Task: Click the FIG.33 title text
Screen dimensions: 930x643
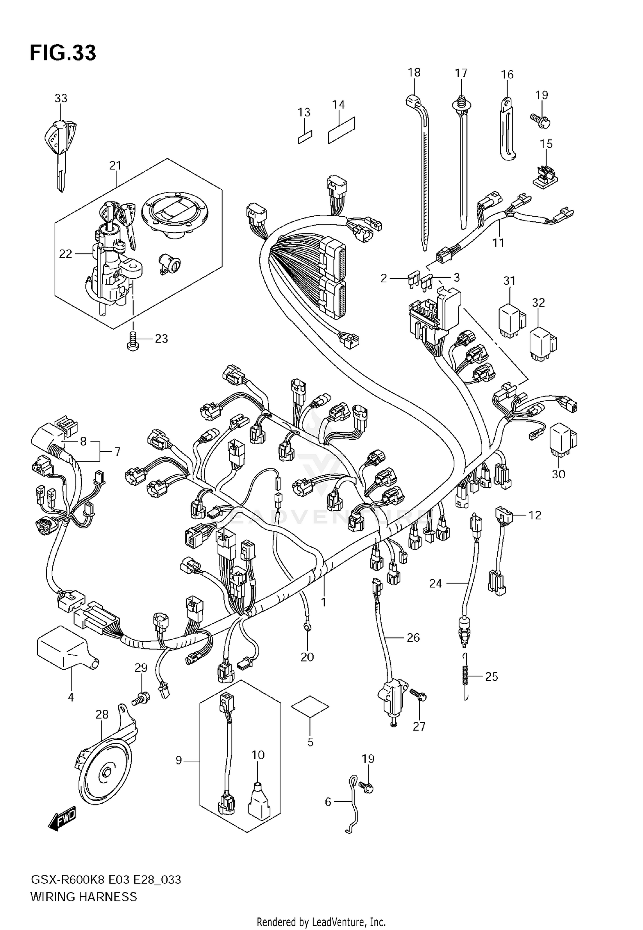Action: (x=63, y=53)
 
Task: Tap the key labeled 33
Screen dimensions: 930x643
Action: (x=60, y=146)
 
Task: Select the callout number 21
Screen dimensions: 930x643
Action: (x=115, y=165)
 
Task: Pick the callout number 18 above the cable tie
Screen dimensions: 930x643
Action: (x=414, y=72)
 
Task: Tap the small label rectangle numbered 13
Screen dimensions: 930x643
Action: (x=305, y=137)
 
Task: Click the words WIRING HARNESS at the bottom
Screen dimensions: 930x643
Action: (x=84, y=896)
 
